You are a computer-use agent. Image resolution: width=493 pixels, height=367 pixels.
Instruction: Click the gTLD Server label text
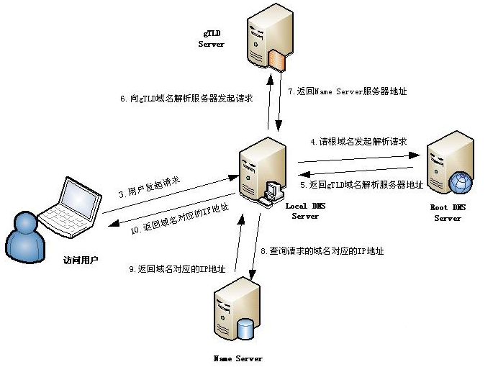point(211,39)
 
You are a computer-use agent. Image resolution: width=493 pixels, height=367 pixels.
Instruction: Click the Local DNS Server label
point(306,211)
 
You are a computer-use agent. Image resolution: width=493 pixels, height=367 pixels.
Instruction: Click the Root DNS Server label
point(447,212)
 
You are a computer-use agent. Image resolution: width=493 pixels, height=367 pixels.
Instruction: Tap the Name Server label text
point(238,358)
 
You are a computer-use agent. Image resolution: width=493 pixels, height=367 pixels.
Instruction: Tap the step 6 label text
point(186,99)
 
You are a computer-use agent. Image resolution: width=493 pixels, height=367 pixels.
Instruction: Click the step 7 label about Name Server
point(348,91)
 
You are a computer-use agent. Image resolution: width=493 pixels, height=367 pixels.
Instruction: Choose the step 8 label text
point(322,251)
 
